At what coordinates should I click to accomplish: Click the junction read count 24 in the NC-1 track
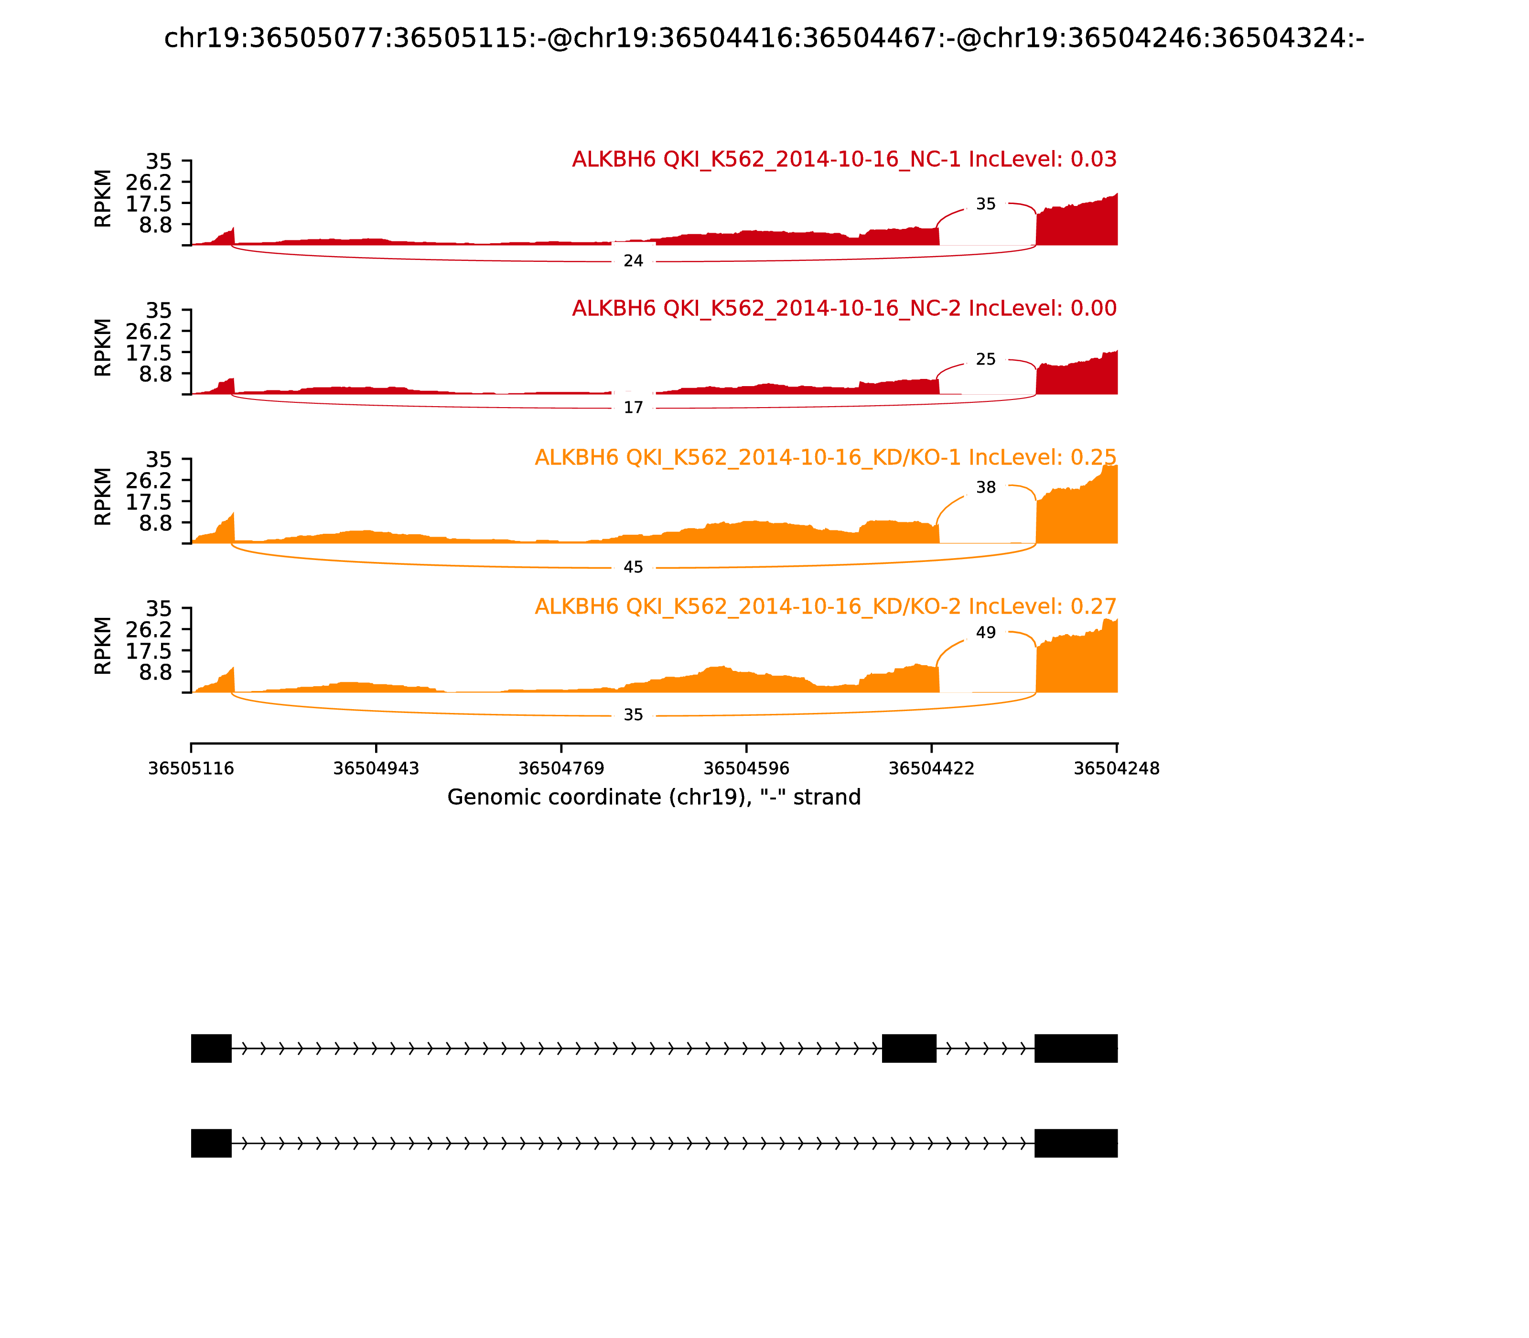tap(633, 261)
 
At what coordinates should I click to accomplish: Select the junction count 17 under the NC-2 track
tap(633, 408)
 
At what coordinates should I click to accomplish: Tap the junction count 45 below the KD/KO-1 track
tap(633, 568)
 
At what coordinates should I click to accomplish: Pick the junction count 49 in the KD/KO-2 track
tap(985, 632)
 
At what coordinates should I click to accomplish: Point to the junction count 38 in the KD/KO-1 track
tap(985, 487)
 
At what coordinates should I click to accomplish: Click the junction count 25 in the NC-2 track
tap(985, 359)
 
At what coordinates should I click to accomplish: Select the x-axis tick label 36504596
tap(746, 768)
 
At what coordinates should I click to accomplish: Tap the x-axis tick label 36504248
tap(1116, 768)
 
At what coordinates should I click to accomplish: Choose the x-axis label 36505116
tap(191, 768)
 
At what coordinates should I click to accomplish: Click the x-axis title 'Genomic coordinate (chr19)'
tap(654, 798)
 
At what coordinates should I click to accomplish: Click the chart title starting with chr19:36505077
tap(764, 38)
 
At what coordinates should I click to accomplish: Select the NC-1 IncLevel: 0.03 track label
tap(844, 159)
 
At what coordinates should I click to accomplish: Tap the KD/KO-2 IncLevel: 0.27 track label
tap(825, 606)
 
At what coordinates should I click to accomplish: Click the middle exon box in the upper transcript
tap(909, 1048)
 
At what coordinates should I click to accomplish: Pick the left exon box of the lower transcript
tap(211, 1143)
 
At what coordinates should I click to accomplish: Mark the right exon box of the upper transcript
tap(1076, 1048)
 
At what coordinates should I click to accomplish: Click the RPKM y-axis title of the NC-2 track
tap(103, 347)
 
